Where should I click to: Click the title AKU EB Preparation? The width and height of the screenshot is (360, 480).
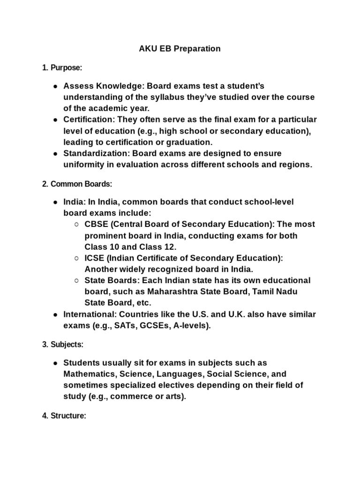[x=180, y=49]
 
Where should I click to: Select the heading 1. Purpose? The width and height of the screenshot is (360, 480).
[x=62, y=68]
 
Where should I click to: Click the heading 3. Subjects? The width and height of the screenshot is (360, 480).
[x=63, y=345]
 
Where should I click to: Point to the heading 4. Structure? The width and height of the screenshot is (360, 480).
[x=64, y=416]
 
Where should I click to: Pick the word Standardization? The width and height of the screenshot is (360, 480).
[x=96, y=153]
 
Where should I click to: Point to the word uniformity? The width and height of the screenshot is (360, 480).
[x=84, y=164]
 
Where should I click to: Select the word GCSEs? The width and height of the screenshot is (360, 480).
[x=148, y=325]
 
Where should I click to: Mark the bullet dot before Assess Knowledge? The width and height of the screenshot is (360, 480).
[x=55, y=86]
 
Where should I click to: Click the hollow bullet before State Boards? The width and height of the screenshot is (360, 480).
[x=76, y=281]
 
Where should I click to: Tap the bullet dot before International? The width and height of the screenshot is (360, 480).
[x=55, y=315]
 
